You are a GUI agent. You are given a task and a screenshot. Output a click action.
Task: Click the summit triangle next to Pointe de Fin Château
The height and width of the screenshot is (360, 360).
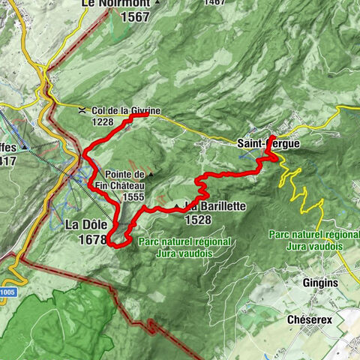(x=151, y=174)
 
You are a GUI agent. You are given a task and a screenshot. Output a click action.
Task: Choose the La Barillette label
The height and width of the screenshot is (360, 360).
(x=202, y=206)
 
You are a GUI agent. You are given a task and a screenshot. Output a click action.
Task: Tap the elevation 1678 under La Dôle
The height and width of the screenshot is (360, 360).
(x=92, y=240)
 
